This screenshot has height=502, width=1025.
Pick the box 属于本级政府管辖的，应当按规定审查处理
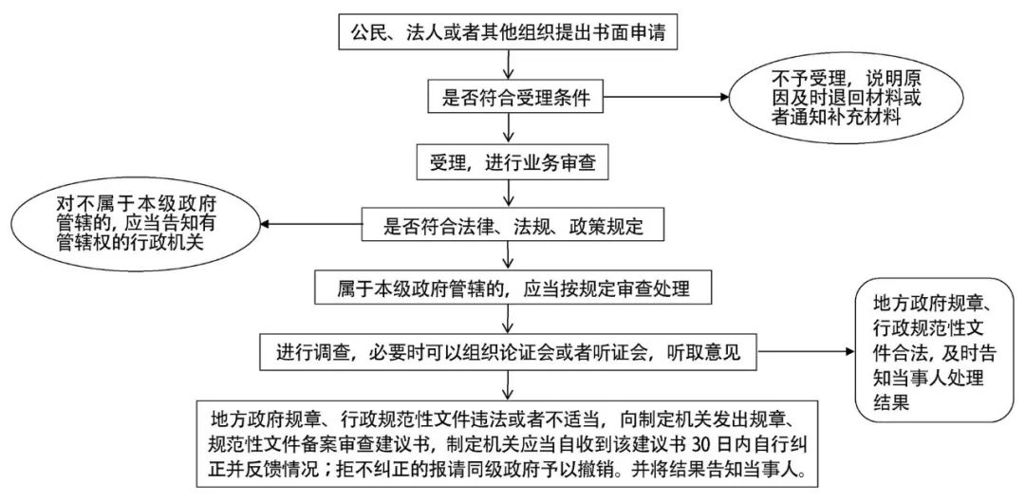coord(512,288)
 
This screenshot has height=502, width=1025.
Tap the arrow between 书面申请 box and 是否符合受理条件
coord(512,64)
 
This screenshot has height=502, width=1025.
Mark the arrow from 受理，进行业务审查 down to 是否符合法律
coord(512,193)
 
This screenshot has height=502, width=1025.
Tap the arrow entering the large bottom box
coord(512,384)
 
